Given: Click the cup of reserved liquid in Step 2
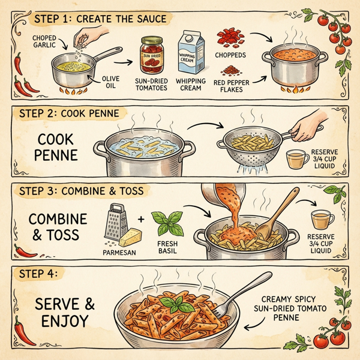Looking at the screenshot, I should click(295, 159).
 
